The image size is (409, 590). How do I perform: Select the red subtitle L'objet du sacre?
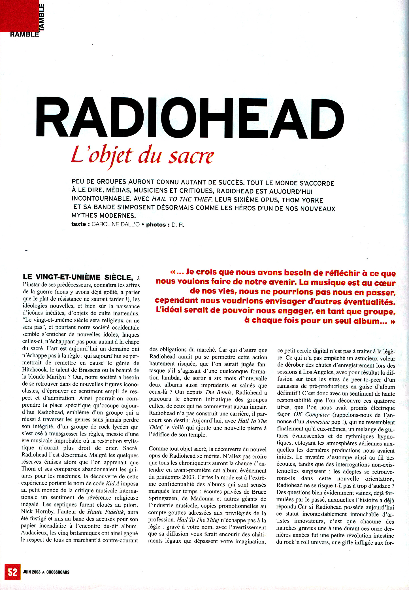coord(142,156)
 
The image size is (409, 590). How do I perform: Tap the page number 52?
coord(12,572)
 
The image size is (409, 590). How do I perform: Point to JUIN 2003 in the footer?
coord(32,572)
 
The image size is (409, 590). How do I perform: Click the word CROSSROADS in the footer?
coord(58,572)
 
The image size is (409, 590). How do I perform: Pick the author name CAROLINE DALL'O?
coord(116,224)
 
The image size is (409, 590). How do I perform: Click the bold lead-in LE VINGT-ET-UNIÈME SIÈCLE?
coord(78,277)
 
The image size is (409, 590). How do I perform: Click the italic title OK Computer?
coord(312,415)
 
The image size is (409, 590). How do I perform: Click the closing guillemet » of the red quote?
coord(393,321)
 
